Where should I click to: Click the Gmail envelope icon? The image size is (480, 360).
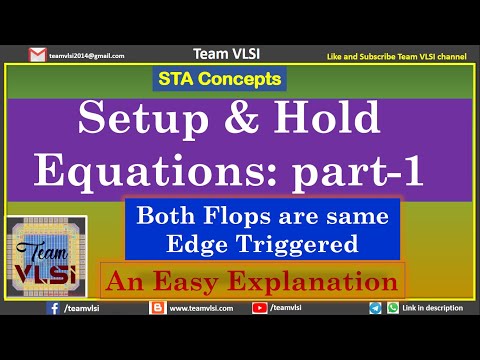pyautogui.click(x=37, y=55)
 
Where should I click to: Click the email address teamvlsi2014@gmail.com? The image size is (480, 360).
pyautogui.click(x=86, y=56)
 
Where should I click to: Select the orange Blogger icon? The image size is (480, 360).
pyautogui.click(x=156, y=310)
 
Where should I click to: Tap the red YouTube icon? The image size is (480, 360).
pyautogui.click(x=261, y=310)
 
